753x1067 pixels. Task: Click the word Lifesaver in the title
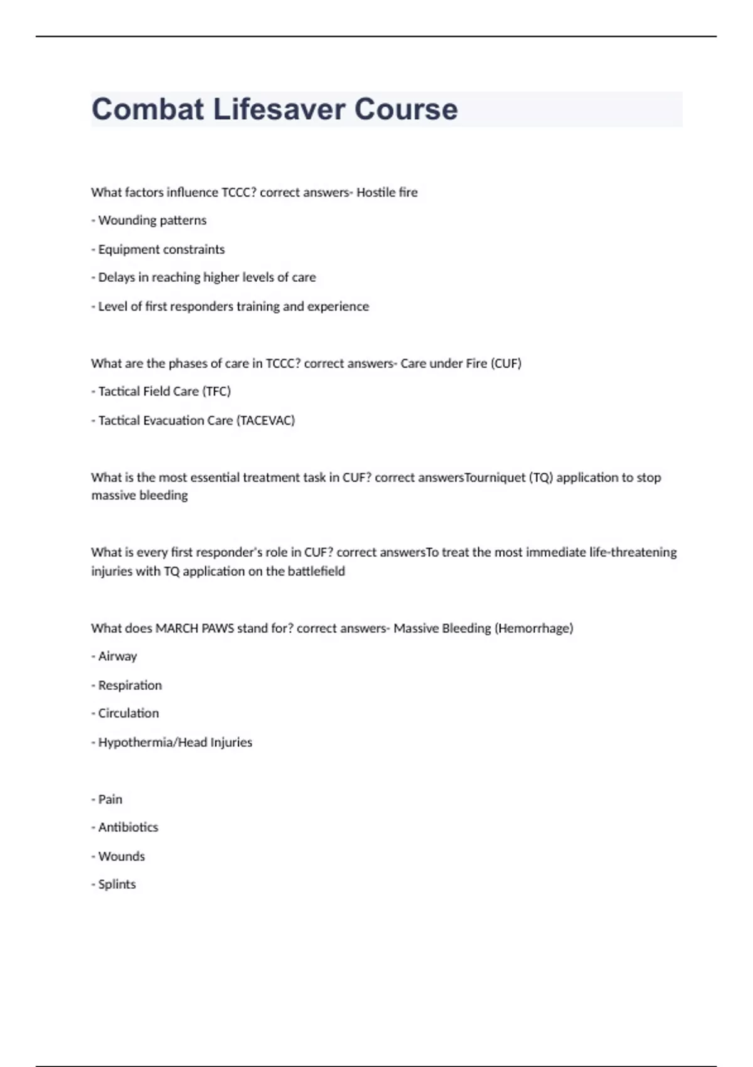[279, 109]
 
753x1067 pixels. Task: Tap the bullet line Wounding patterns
[152, 220]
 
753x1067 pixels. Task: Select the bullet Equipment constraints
[161, 249]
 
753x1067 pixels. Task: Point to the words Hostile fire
[387, 192]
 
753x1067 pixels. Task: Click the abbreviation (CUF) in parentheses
[506, 363]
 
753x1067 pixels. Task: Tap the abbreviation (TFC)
[216, 392]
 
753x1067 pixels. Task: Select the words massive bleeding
[139, 495]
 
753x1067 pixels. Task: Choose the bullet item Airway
[117, 657]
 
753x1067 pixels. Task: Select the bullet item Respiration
[130, 685]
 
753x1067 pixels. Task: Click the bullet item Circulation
[128, 714]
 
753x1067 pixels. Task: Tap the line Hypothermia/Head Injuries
[175, 743]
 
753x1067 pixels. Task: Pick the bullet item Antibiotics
[128, 827]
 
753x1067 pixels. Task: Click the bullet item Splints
[117, 884]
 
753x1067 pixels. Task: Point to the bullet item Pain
[110, 800]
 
